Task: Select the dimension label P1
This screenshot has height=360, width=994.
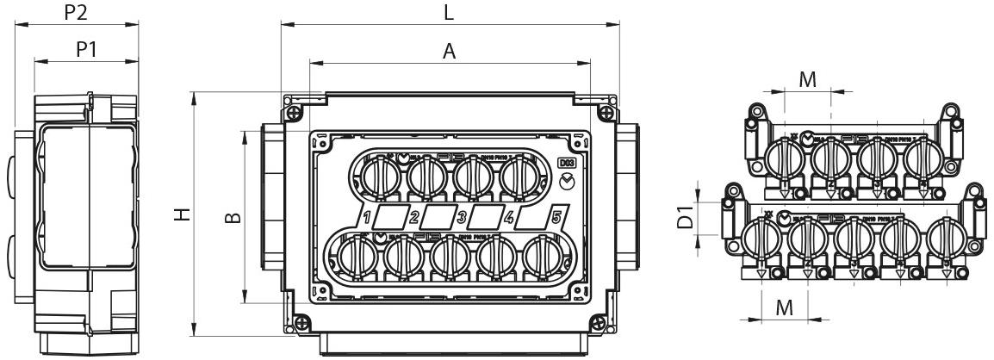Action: click(86, 49)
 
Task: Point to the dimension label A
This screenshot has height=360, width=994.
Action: click(449, 51)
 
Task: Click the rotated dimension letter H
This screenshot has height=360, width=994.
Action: click(180, 214)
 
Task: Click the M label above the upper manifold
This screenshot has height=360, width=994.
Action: click(807, 79)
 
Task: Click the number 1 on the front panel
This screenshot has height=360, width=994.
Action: click(366, 216)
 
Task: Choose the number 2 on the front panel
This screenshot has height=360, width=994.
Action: click(414, 216)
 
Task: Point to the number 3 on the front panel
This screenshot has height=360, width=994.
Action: click(462, 216)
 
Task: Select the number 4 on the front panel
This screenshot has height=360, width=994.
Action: click(509, 216)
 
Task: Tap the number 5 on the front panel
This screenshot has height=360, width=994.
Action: click(556, 216)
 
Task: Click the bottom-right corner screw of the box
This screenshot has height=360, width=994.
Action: click(602, 322)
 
